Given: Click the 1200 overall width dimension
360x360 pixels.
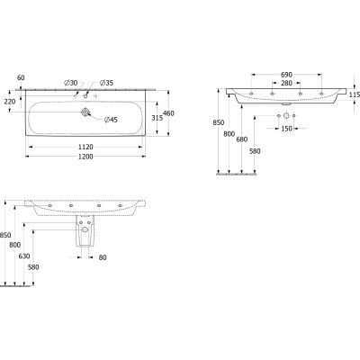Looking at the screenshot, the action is point(85,157).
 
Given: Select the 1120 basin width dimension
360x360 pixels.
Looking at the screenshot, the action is point(85,147).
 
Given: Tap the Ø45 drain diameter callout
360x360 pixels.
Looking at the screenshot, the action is point(111,120).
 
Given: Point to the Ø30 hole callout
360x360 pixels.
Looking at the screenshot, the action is point(71,83).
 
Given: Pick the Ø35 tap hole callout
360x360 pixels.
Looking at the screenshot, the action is point(106,83).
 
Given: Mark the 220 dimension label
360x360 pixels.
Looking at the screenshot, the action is point(10,102).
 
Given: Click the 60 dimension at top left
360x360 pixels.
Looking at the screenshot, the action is point(21,77).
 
